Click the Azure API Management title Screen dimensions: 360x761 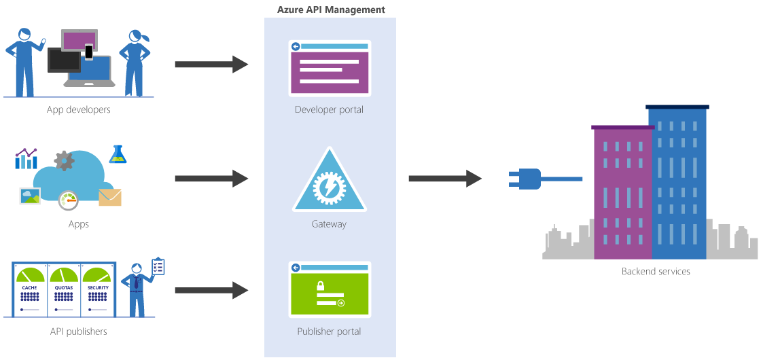pyautogui.click(x=331, y=10)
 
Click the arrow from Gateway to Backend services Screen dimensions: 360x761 pyautogui.click(x=445, y=179)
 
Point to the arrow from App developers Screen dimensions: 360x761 pyautogui.click(x=211, y=65)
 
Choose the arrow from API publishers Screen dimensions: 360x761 pyautogui.click(x=211, y=291)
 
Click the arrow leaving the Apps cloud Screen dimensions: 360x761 pyautogui.click(x=211, y=179)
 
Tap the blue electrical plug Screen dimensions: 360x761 pyautogui.click(x=525, y=179)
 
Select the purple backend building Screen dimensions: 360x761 pyautogui.click(x=622, y=193)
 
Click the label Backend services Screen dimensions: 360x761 pyautogui.click(x=656, y=272)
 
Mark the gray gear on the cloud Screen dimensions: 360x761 pyautogui.click(x=64, y=160)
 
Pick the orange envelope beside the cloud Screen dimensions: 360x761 pyautogui.click(x=110, y=198)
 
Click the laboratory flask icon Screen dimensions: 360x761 pyautogui.click(x=119, y=154)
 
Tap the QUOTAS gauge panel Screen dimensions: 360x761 pyautogui.click(x=64, y=290)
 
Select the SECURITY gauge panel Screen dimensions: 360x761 pyautogui.click(x=98, y=290)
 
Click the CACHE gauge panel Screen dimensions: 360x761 pyautogui.click(x=30, y=290)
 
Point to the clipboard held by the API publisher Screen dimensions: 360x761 pyautogui.click(x=158, y=266)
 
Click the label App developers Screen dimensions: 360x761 pyautogui.click(x=78, y=109)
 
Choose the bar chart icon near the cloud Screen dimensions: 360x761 pyautogui.click(x=26, y=159)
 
